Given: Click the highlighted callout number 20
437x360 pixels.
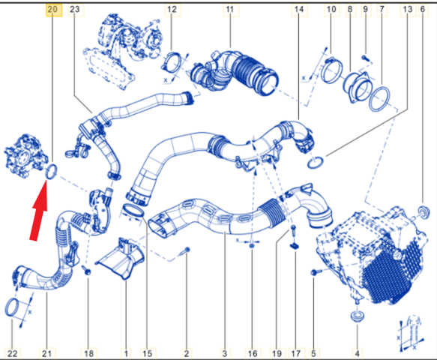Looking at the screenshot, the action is pos(52,10).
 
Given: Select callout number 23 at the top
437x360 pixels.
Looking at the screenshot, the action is pos(75,10).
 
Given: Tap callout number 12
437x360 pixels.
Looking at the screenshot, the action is pos(172,10).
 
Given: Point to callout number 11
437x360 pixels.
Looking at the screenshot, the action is pos(230,10).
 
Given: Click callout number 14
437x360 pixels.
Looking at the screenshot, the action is pos(299,10).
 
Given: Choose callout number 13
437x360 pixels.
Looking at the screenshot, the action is pos(408,10).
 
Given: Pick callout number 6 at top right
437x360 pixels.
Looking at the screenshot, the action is pos(423,10).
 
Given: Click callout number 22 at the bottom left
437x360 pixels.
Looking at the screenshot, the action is pos(12,353).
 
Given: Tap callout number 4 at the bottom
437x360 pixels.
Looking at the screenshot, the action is pos(358,353).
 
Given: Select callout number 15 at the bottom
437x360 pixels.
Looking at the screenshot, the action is pos(148,353).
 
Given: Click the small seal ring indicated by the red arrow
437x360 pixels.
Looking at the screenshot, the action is pos(51,171).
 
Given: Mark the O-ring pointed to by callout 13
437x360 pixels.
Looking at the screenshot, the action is pos(316,163).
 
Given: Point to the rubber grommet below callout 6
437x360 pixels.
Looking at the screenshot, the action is pos(424,212).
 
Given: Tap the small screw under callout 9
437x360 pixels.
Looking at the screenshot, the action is pos(365,58).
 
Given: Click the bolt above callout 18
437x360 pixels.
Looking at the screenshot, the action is pos(86,270).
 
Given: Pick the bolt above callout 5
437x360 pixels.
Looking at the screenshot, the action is pos(316,271).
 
